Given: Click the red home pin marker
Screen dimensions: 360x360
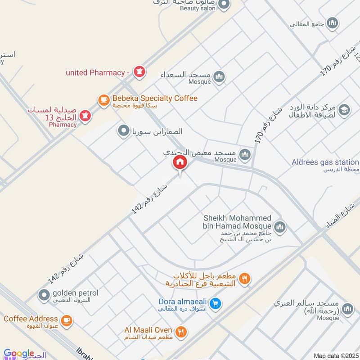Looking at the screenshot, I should [180, 163].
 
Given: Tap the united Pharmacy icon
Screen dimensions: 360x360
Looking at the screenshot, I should [139, 72].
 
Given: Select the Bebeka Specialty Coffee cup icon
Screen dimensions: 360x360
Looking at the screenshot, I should [104, 100].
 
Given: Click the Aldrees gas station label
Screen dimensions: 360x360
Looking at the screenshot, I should [325, 162].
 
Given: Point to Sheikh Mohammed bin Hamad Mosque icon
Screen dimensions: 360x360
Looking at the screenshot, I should [279, 226].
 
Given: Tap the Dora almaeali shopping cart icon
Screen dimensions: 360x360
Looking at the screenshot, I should [216, 304].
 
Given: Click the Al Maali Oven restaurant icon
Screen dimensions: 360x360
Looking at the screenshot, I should [180, 332].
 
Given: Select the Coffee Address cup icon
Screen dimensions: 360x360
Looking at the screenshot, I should [67, 320].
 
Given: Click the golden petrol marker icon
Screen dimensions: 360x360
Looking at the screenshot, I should [44, 295].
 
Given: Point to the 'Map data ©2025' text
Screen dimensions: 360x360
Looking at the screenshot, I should [336, 355].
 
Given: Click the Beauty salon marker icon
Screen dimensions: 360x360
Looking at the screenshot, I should [224, 5].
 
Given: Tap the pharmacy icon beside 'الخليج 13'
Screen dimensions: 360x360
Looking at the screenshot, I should [85, 115].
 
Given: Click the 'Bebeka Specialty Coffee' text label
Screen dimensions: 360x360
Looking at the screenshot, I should [155, 98].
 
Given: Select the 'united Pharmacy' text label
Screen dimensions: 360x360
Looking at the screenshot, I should [94, 72].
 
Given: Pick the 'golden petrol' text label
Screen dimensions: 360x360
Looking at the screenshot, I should [75, 293].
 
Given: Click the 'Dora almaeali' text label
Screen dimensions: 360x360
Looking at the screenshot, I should [182, 301].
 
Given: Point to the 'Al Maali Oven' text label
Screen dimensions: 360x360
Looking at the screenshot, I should [148, 330].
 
